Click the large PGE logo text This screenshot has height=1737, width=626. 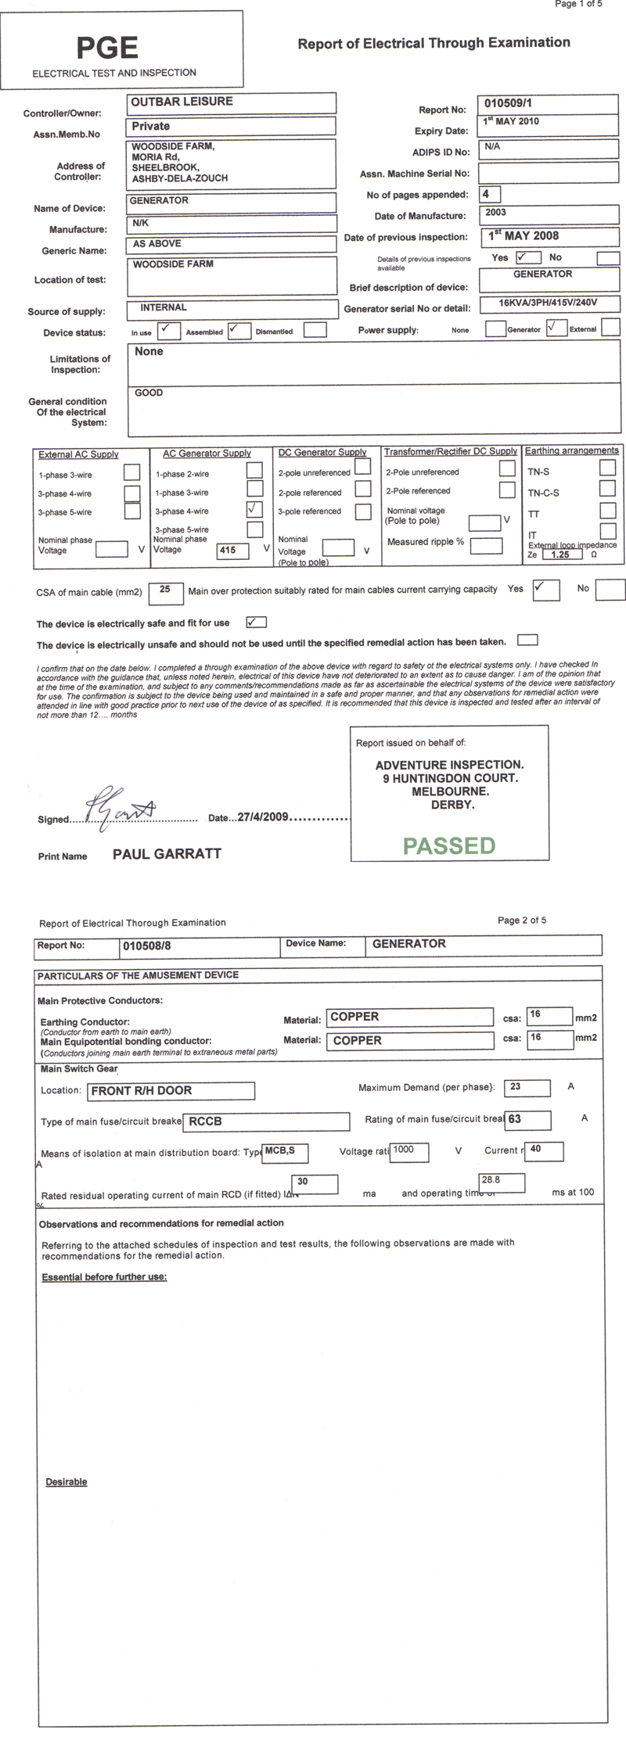pyautogui.click(x=107, y=48)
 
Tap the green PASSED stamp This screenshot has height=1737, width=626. pyautogui.click(x=449, y=845)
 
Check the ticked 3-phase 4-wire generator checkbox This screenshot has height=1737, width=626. pyautogui.click(x=254, y=509)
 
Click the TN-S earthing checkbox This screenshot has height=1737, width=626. pyautogui.click(x=606, y=468)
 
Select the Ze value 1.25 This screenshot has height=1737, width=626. pyautogui.click(x=559, y=554)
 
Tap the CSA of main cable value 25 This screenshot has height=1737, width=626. pyautogui.click(x=165, y=590)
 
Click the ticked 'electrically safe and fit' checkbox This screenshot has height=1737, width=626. pyautogui.click(x=256, y=623)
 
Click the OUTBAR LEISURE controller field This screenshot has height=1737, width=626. pyautogui.click(x=232, y=102)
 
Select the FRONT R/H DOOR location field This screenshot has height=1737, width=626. pyautogui.click(x=171, y=1091)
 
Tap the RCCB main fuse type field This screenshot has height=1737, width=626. pyautogui.click(x=266, y=1122)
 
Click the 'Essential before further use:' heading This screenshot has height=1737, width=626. pyautogui.click(x=104, y=1277)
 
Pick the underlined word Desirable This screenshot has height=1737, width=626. pyautogui.click(x=67, y=1482)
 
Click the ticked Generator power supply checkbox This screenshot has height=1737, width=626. pyautogui.click(x=556, y=328)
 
